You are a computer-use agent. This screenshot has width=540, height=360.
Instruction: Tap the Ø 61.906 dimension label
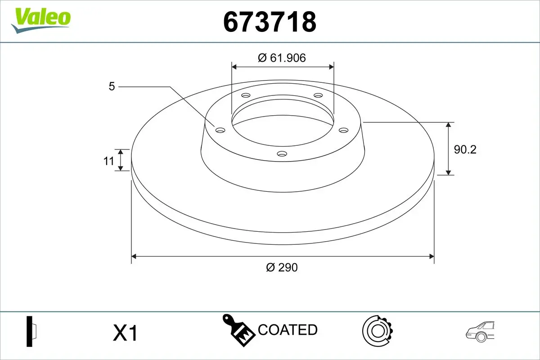pyautogui.click(x=282, y=58)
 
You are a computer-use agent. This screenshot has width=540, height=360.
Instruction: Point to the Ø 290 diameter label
pyautogui.click(x=282, y=267)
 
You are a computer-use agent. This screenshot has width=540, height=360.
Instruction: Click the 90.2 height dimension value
pyautogui.click(x=465, y=149)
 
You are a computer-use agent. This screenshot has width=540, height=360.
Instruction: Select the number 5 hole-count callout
pyautogui.click(x=112, y=86)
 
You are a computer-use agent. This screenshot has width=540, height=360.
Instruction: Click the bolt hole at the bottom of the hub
pyautogui.click(x=282, y=154)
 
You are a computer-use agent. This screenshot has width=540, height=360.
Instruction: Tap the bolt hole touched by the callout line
pyautogui.click(x=220, y=130)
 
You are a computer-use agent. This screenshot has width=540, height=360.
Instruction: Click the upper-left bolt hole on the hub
pyautogui.click(x=246, y=95)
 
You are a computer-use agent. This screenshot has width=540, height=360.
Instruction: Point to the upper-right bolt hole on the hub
pyautogui.click(x=318, y=95)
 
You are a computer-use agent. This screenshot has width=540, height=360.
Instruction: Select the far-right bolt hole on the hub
pyautogui.click(x=344, y=130)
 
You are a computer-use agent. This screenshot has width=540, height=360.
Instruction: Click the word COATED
pyautogui.click(x=288, y=330)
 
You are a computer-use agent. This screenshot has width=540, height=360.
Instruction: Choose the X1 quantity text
pyautogui.click(x=125, y=333)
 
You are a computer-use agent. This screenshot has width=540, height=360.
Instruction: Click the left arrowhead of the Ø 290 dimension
pyautogui.click(x=134, y=256)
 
